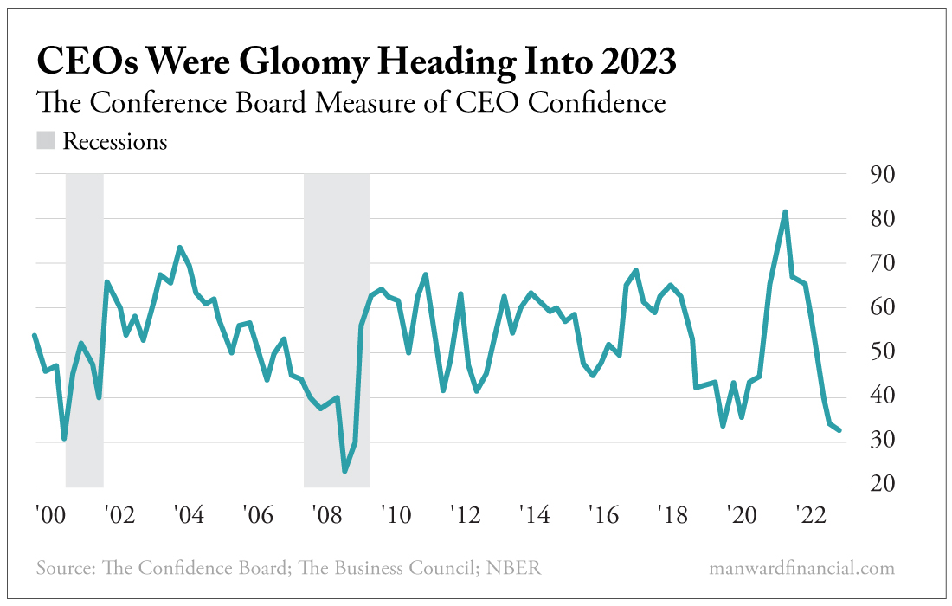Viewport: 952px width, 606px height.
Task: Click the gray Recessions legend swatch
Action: (x=46, y=140)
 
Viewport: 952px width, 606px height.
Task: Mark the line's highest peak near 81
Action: (x=785, y=212)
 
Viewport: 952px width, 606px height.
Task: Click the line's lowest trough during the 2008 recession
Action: (x=344, y=471)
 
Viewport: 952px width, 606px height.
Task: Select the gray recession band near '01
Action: (x=85, y=329)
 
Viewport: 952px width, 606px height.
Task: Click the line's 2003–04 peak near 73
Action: (x=179, y=248)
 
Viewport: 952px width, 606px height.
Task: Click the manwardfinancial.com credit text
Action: (x=801, y=569)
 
